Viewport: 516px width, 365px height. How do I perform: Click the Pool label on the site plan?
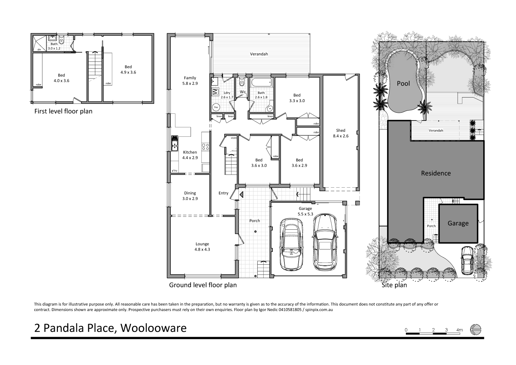point(403,83)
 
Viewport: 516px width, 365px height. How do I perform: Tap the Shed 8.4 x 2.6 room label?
point(341,133)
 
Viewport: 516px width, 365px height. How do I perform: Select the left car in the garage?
point(292,244)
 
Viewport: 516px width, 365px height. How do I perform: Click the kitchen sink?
point(174,143)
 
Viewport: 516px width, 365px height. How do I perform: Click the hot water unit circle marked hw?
point(216,107)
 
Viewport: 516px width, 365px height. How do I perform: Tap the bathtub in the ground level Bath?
point(261,83)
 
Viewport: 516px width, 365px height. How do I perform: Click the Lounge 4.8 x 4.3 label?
point(202,246)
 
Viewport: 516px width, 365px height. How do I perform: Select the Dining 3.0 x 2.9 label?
point(190,196)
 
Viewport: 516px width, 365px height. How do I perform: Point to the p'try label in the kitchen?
point(175,171)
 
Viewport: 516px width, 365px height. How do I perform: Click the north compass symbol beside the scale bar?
point(475,329)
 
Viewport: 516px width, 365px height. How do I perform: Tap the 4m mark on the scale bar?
point(459,330)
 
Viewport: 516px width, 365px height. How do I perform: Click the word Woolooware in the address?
point(154,328)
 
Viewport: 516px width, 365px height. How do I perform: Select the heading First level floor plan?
point(63,111)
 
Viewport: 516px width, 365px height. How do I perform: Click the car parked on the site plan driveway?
point(467,260)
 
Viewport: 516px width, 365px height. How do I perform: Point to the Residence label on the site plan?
point(436,173)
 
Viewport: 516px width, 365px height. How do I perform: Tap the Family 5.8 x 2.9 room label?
point(190,81)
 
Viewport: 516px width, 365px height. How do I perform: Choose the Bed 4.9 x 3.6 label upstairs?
point(128,69)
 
